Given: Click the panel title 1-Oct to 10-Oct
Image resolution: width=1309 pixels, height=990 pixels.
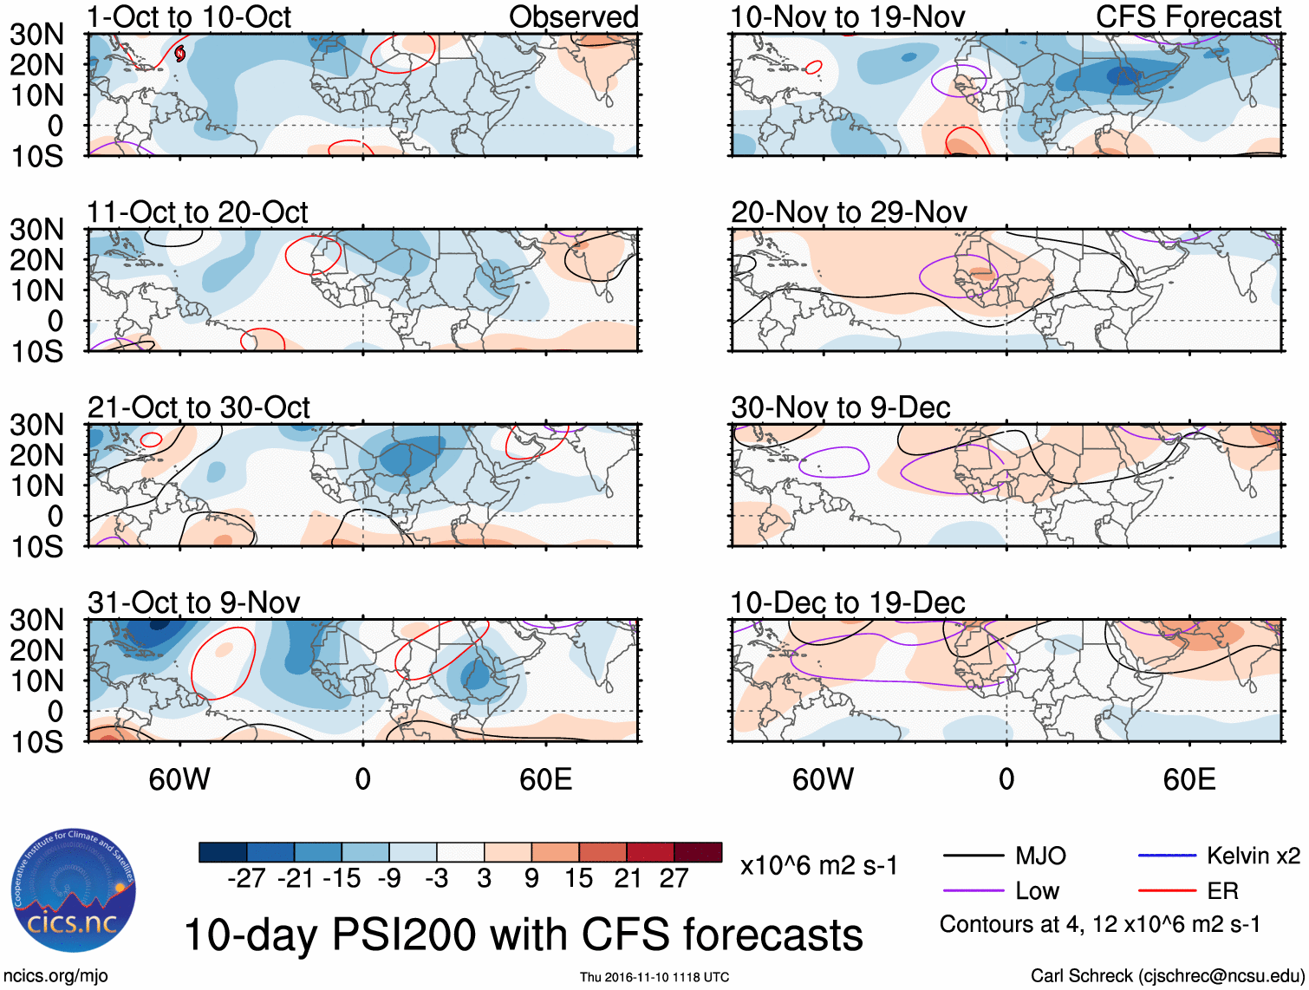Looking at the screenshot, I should coord(189,16).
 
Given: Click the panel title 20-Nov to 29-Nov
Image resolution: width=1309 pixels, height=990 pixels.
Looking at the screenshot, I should coord(849,212).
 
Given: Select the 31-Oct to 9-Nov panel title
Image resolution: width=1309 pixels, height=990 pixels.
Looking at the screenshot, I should coord(193,602).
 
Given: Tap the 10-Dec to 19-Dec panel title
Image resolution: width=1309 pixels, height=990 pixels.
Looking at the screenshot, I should coord(847,602).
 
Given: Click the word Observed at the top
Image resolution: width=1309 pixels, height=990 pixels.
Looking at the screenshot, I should coord(573,16).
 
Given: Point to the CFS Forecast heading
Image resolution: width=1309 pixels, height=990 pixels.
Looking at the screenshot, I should coord(1189,16).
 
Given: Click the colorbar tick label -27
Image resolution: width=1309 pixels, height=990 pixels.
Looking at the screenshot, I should coord(246,878).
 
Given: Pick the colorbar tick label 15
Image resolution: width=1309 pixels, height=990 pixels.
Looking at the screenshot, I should coord(579,878).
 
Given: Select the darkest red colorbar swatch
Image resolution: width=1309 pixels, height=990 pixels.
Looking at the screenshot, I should coord(698,852).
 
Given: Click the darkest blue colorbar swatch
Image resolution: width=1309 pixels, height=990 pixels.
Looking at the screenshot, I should coord(223,852).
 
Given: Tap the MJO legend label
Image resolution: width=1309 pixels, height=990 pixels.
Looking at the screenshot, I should coord(1040,856).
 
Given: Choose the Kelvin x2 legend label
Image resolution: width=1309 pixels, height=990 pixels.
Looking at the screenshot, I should coord(1253,856).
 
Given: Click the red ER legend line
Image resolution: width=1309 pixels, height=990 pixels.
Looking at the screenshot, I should coord(1167,890).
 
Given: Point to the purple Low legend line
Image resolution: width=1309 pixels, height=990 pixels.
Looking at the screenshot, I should coord(973,890).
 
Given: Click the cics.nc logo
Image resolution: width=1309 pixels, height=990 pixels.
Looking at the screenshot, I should coord(74,890).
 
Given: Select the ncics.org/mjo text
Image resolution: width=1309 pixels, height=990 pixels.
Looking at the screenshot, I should coord(55,976).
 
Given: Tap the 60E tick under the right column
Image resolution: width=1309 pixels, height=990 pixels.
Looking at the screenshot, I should coord(1189,779).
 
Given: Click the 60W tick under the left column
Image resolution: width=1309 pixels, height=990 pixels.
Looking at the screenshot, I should coord(179,779).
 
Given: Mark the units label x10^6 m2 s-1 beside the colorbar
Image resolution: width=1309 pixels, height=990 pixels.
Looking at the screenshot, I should coord(818,865).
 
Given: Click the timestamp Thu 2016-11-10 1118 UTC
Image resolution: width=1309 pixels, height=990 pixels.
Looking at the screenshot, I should coord(654,977).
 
